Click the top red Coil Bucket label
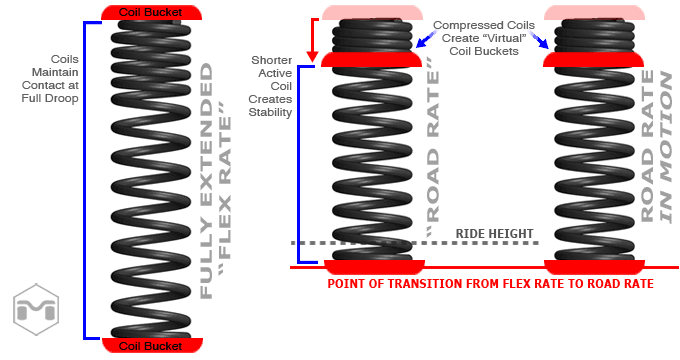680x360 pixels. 151,13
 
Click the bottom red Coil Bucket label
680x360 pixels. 152,346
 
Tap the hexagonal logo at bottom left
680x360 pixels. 36,309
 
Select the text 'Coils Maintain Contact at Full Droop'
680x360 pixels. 51,79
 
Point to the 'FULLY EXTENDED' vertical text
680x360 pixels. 206,181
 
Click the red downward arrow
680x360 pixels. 313,40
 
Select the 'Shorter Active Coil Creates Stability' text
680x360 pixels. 271,86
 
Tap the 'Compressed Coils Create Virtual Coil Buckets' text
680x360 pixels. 484,38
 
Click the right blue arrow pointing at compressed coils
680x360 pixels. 539,40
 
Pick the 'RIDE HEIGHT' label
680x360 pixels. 494,233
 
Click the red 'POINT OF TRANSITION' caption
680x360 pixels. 490,284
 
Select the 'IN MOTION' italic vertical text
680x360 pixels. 666,147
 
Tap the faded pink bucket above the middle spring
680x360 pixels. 372,13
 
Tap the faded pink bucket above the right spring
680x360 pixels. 594,13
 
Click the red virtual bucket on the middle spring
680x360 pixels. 371,60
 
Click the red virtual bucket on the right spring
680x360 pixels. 594,60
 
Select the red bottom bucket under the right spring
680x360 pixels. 595,267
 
